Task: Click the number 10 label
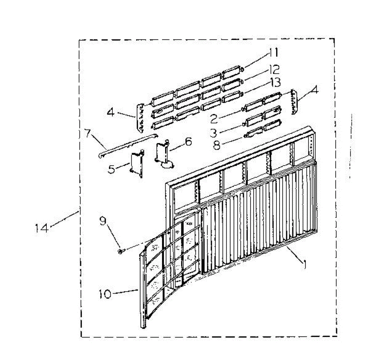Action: (x=105, y=294)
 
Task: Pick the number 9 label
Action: (x=103, y=221)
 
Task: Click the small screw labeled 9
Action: (x=121, y=251)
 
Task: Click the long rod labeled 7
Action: (x=128, y=145)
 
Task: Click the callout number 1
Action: (x=303, y=264)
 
